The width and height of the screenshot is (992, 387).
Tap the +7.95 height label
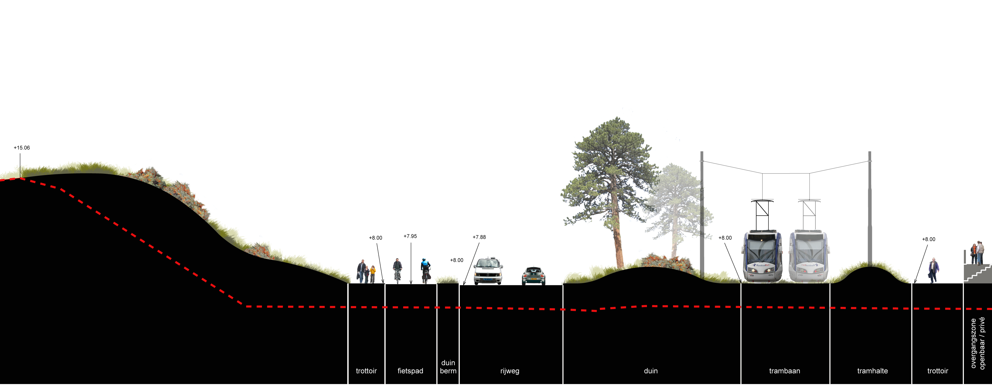pyautogui.click(x=410, y=236)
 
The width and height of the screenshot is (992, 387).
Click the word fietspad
pyautogui.click(x=410, y=371)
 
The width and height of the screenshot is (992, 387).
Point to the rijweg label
pyautogui.click(x=510, y=371)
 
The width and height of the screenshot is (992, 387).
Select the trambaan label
pyautogui.click(x=785, y=371)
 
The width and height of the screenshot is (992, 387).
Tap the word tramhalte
pyautogui.click(x=872, y=371)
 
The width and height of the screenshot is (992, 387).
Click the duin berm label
pyautogui.click(x=448, y=367)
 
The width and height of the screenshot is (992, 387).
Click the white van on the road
pyautogui.click(x=488, y=271)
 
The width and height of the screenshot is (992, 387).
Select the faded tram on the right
pyautogui.click(x=808, y=257)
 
